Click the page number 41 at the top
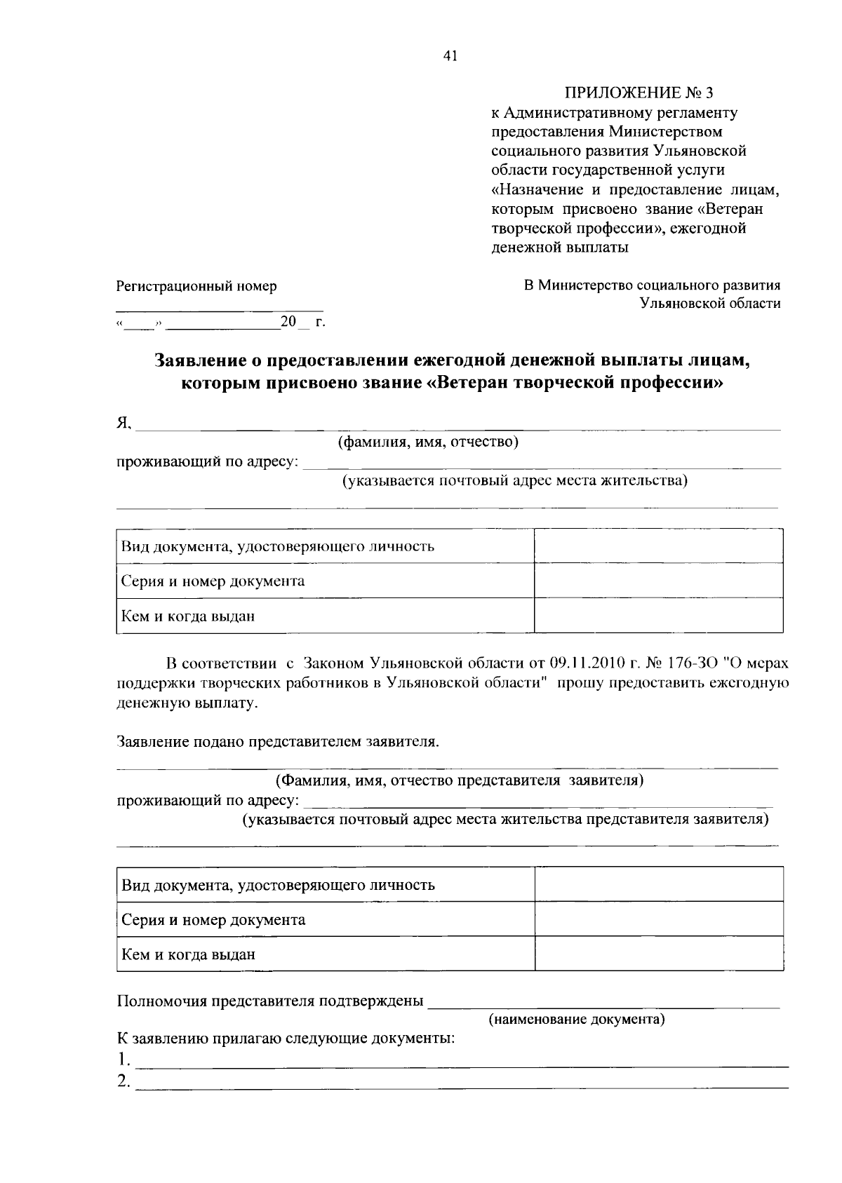point(450,58)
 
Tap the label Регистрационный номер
point(196,286)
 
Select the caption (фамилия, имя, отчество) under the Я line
point(428,442)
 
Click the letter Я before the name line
point(123,422)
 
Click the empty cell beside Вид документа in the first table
point(658,546)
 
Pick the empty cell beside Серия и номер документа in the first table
point(658,581)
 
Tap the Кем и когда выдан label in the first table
point(188,616)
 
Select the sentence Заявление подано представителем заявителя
point(278,741)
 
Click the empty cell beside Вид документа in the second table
point(658,884)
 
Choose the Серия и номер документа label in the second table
point(213,919)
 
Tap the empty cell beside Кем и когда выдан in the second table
point(658,954)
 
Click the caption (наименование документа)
point(577,1019)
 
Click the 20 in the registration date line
point(288,322)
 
